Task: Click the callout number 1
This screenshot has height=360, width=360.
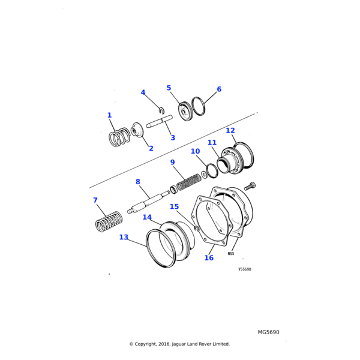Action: (109, 115)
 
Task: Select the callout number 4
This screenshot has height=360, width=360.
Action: (143, 92)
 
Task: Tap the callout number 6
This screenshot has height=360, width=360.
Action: (219, 89)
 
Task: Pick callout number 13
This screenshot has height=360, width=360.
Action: (124, 237)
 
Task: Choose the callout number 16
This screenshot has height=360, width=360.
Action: (209, 258)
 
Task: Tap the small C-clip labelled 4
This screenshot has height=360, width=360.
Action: (161, 110)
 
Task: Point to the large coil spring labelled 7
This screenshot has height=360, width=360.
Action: (109, 223)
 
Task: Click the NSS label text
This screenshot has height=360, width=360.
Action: (231, 254)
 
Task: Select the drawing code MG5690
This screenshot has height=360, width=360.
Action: (268, 332)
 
